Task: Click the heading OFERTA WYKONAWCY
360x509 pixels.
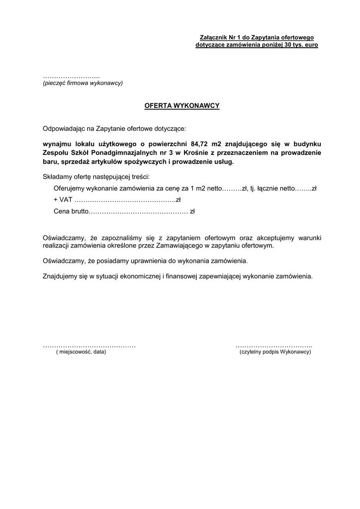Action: click(181, 106)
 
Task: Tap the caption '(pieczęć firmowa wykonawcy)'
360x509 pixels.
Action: click(83, 83)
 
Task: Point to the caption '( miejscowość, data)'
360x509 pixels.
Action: click(81, 351)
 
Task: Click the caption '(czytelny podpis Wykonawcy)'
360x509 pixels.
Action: click(275, 351)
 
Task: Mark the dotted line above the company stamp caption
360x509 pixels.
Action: click(71, 77)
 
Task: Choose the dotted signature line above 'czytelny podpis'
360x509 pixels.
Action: click(273, 345)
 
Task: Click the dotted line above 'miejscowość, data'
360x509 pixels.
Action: click(90, 345)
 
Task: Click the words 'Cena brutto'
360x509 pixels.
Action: click(70, 212)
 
